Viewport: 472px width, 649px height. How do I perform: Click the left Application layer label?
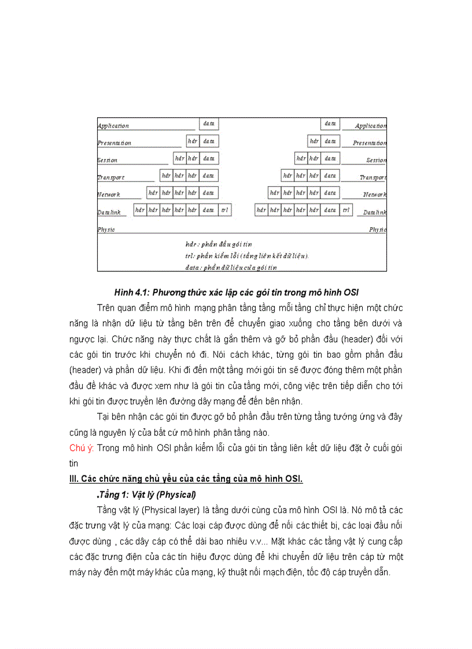tap(113, 126)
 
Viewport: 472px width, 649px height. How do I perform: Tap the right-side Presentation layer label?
tap(370, 143)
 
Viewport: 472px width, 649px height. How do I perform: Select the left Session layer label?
tap(108, 160)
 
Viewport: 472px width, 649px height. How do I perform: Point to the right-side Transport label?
tap(373, 177)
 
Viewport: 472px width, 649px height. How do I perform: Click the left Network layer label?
tap(109, 195)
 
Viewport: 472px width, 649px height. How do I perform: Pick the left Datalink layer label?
tap(109, 212)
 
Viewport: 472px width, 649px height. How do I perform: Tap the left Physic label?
tap(106, 229)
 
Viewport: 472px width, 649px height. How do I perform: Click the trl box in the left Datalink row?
tap(225, 210)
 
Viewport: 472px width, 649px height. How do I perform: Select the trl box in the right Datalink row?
tap(346, 210)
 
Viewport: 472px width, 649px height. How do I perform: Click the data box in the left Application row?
tap(209, 124)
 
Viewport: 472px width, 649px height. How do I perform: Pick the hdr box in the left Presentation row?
tap(193, 141)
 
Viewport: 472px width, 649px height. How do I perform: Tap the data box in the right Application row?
tap(330, 124)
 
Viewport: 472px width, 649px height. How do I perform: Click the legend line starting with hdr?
tap(219, 244)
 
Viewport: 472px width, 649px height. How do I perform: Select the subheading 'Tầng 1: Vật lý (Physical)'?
tap(147, 495)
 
